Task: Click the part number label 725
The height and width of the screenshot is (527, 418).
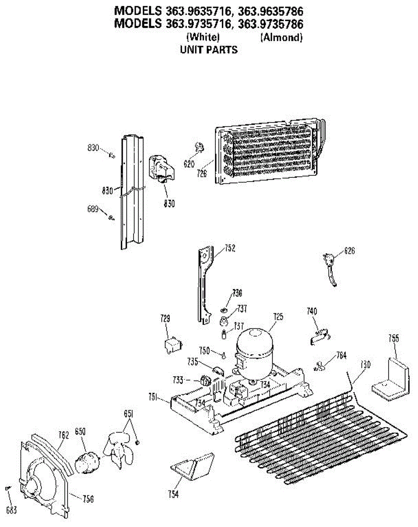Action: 278,316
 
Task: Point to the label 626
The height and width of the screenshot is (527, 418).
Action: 349,251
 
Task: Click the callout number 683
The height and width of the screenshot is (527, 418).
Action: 11,510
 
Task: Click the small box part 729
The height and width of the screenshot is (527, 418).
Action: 172,344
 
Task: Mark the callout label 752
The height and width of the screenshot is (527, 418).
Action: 230,249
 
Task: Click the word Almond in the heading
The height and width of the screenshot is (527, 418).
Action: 281,38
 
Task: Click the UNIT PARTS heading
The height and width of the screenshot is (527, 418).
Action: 209,50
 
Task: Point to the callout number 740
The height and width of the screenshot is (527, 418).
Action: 312,311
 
